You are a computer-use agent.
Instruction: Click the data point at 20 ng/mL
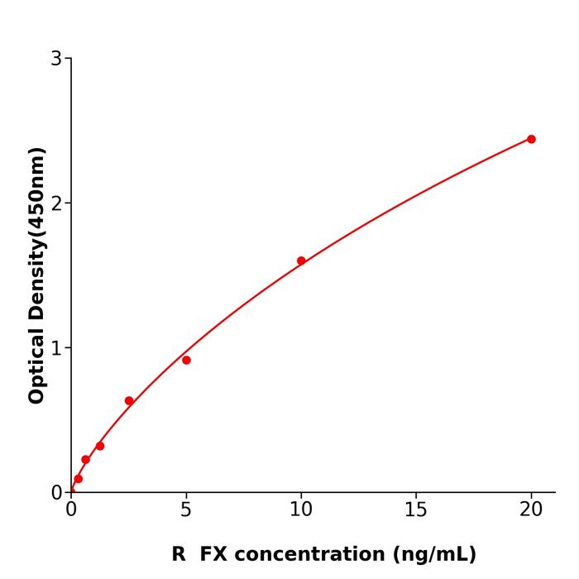(x=531, y=139)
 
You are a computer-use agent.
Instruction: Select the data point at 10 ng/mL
(x=301, y=261)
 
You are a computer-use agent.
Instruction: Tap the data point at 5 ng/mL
(x=186, y=360)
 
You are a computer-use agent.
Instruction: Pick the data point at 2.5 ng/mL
(x=129, y=401)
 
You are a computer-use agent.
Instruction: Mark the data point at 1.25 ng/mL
(x=100, y=446)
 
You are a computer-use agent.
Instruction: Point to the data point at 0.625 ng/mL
(x=85, y=460)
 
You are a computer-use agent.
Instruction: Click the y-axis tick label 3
(x=56, y=58)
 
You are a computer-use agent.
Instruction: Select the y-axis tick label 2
(x=56, y=203)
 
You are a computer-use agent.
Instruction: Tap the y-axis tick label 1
(x=56, y=347)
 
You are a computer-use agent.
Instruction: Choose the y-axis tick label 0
(x=56, y=492)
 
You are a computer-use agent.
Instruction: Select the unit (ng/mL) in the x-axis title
(x=436, y=554)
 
